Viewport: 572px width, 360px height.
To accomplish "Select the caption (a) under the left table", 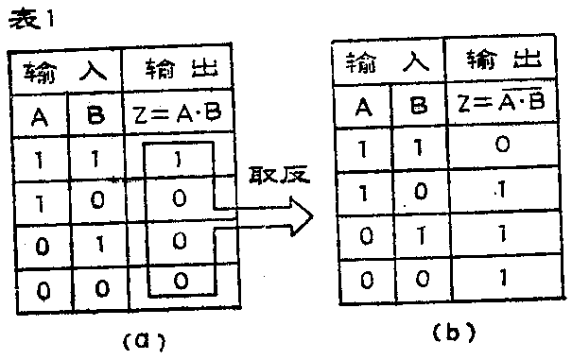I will [x=138, y=337].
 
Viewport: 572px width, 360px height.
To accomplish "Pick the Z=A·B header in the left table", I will [x=180, y=116].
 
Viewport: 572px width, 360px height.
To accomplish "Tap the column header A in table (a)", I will [x=40, y=116].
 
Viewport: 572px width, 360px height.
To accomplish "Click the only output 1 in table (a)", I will [x=179, y=159].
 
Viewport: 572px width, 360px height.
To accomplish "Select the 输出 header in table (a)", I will [x=180, y=72].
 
